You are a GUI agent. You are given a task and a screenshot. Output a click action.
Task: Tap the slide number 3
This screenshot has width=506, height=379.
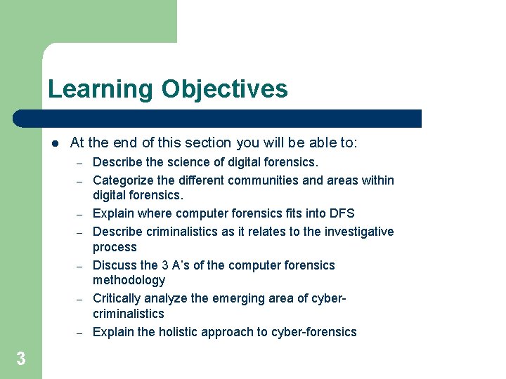pos(21,359)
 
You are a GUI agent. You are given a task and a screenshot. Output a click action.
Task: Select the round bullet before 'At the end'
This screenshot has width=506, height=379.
pos(54,143)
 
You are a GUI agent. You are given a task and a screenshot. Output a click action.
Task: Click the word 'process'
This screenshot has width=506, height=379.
pos(115,247)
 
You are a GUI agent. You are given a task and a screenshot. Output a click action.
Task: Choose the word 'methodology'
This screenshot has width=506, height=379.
pos(129,280)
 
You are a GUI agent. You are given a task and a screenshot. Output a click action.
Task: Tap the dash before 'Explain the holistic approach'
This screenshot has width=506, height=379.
pos(80,332)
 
